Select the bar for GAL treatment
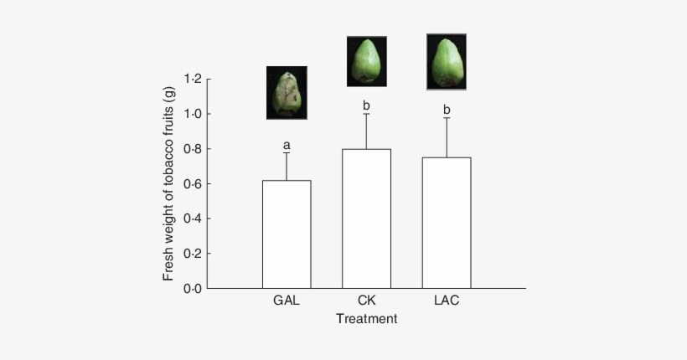pyautogui.click(x=287, y=234)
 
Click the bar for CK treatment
pyautogui.click(x=366, y=219)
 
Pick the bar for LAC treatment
pyautogui.click(x=446, y=223)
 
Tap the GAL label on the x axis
pyautogui.click(x=287, y=300)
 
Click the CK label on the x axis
pyautogui.click(x=366, y=300)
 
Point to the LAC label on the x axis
pyautogui.click(x=446, y=300)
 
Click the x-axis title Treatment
pyautogui.click(x=366, y=318)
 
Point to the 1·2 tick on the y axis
pyautogui.click(x=192, y=80)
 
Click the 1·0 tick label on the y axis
pyautogui.click(x=192, y=114)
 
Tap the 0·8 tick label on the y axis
pyautogui.click(x=192, y=149)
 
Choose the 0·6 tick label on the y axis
pyautogui.click(x=192, y=184)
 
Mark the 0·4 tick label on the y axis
pyautogui.click(x=192, y=219)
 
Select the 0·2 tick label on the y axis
pyautogui.click(x=192, y=254)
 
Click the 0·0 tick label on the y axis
pyautogui.click(x=192, y=289)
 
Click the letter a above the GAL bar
pyautogui.click(x=287, y=145)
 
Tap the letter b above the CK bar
pyautogui.click(x=366, y=105)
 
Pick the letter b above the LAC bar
pyautogui.click(x=446, y=110)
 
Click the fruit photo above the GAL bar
pyautogui.click(x=287, y=92)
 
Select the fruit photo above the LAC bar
pyautogui.click(x=446, y=61)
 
